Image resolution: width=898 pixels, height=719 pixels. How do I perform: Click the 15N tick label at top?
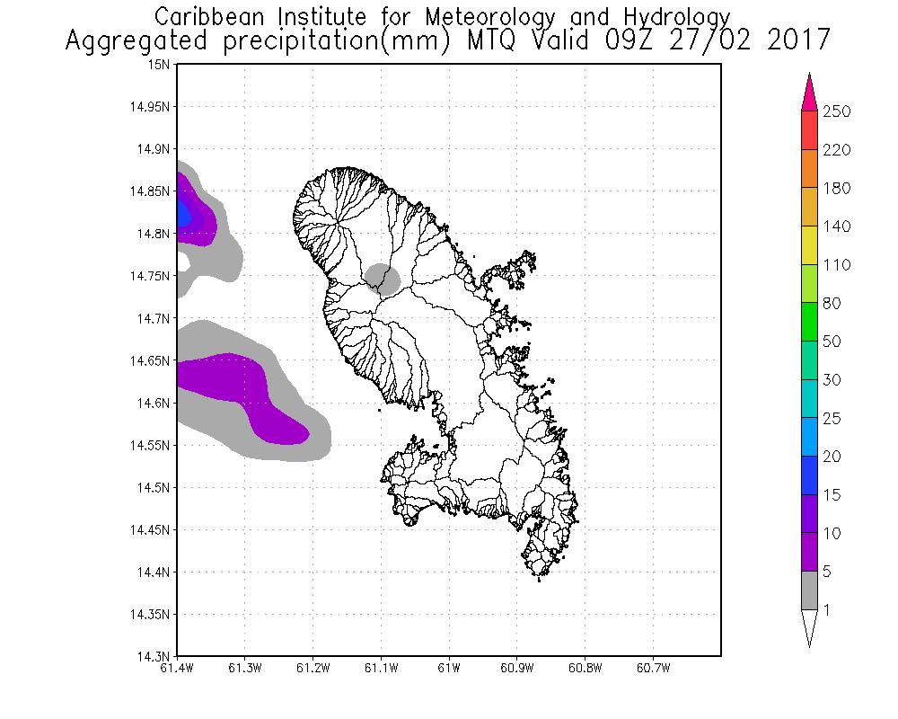161,65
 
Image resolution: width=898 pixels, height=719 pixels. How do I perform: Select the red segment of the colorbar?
809,130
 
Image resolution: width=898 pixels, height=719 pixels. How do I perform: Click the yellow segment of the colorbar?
809,245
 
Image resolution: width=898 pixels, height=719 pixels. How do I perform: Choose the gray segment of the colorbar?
809,590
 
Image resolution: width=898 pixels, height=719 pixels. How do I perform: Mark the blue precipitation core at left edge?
183,214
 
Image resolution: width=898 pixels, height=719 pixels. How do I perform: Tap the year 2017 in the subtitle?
798,41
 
